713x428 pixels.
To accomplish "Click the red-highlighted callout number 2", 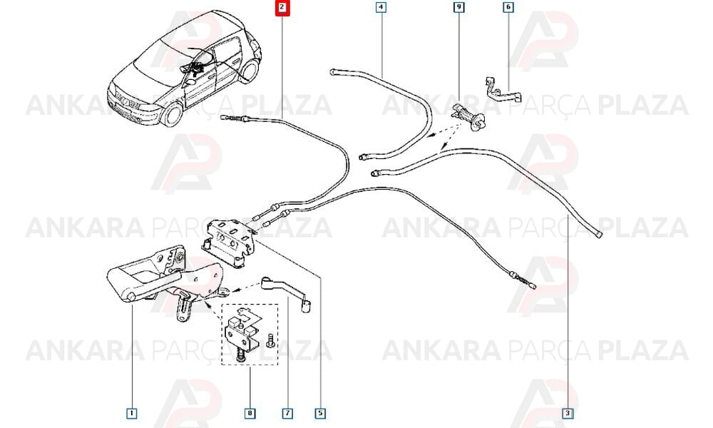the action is point(282,7).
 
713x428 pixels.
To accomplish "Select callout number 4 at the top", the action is point(381,7).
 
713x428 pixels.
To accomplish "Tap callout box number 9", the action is point(458,7).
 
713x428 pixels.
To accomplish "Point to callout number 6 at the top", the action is point(508,7).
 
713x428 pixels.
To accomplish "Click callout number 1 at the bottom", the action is point(131,413).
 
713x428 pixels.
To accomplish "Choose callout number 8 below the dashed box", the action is point(250,413).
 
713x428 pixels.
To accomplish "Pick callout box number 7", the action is point(287,413).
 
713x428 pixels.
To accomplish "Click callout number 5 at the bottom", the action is point(321,413).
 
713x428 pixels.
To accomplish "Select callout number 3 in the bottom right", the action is point(568,413).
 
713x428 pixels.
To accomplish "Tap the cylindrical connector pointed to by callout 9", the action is point(468,116).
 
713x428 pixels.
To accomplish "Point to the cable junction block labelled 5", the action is point(229,243).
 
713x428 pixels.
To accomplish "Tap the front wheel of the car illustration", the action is point(172,114).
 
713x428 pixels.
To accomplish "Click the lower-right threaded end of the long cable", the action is point(528,282).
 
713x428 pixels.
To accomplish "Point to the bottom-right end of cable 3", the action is point(600,234).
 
